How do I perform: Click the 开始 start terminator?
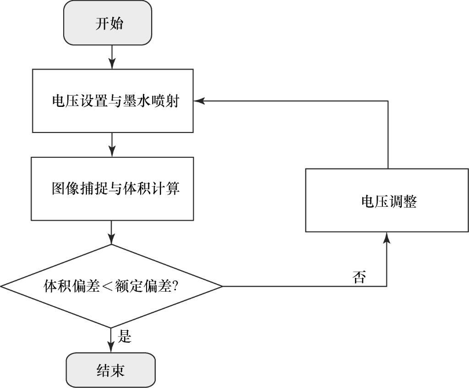click(x=108, y=23)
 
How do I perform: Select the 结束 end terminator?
click(x=110, y=370)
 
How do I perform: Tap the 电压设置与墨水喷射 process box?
click(x=113, y=101)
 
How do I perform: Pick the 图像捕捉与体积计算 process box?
click(x=113, y=188)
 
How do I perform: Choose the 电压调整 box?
click(x=387, y=200)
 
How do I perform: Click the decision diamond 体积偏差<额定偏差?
click(x=111, y=286)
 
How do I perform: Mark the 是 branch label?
click(x=125, y=337)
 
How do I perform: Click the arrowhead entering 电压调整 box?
click(x=387, y=237)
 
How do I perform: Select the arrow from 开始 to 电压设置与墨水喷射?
click(x=111, y=57)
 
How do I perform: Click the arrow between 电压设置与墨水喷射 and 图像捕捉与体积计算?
click(x=111, y=144)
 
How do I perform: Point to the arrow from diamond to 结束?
click(x=111, y=340)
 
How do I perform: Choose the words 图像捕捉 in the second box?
click(x=74, y=188)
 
